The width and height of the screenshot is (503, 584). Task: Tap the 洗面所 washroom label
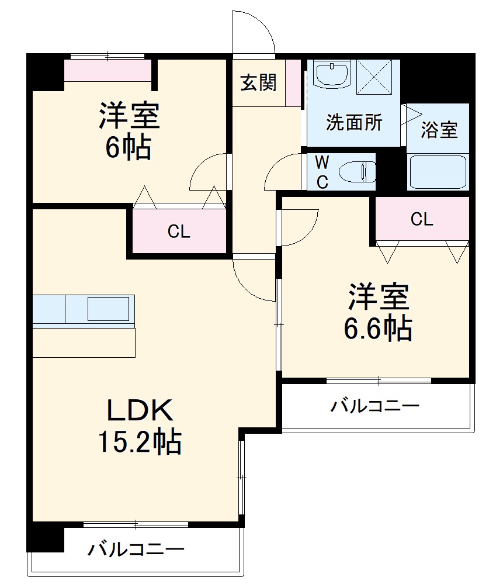pyautogui.click(x=354, y=123)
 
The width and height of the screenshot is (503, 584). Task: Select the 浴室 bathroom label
pyautogui.click(x=439, y=130)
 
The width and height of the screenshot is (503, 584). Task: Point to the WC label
pyautogui.click(x=322, y=171)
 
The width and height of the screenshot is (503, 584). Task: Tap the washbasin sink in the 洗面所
pyautogui.click(x=331, y=74)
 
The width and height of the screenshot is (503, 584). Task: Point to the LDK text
pyautogui.click(x=140, y=411)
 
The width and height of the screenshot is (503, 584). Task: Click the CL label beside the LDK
pyautogui.click(x=179, y=231)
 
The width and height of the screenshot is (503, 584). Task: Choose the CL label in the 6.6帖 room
pyautogui.click(x=422, y=219)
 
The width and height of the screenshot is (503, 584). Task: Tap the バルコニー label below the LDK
pyautogui.click(x=137, y=550)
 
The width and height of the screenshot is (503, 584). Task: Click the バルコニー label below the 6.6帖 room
pyautogui.click(x=374, y=406)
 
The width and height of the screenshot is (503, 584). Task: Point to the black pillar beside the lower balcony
pyautogui.click(x=46, y=537)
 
